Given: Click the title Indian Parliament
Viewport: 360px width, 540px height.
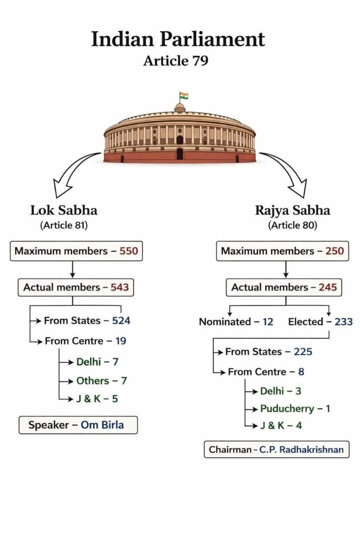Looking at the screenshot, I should pyautogui.click(x=178, y=40).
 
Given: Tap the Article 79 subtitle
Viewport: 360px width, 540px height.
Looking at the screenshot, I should pyautogui.click(x=176, y=61).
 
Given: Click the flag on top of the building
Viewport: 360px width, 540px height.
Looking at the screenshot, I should pyautogui.click(x=184, y=96).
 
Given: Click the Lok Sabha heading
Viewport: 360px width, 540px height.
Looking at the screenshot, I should pyautogui.click(x=64, y=210).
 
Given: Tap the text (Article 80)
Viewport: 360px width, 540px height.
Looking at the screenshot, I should pyautogui.click(x=293, y=225).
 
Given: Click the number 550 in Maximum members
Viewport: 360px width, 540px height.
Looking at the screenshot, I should pyautogui.click(x=129, y=251).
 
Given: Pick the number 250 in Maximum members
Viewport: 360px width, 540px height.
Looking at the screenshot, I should pyautogui.click(x=334, y=251).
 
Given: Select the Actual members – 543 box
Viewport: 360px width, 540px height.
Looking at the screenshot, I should pyautogui.click(x=76, y=287).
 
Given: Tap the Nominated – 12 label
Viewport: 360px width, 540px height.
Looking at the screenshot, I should pyautogui.click(x=236, y=322).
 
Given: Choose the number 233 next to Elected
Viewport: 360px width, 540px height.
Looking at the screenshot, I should pyautogui.click(x=343, y=322).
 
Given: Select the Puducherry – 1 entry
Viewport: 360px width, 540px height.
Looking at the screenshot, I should pyautogui.click(x=295, y=409).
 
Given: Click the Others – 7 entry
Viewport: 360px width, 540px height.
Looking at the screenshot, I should pyautogui.click(x=101, y=381).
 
